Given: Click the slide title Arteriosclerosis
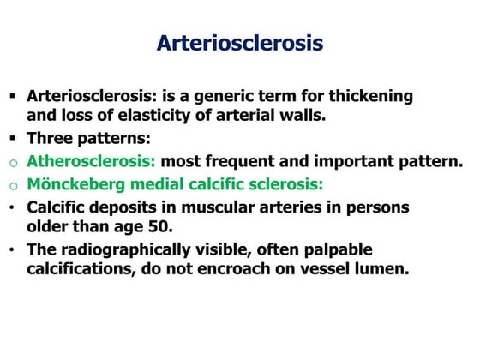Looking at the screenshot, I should click(240, 43).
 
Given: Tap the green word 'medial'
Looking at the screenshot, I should click(160, 183).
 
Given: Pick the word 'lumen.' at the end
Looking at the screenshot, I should click(381, 268).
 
